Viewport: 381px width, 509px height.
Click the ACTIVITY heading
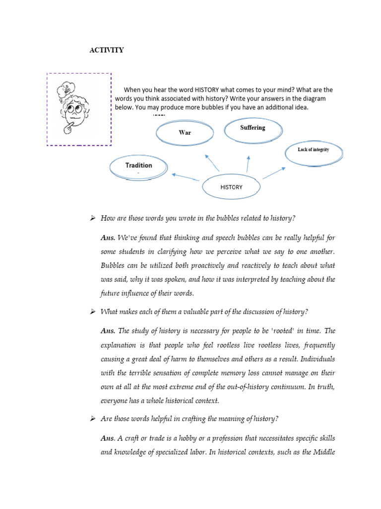tap(106, 50)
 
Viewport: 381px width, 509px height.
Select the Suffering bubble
tap(253, 128)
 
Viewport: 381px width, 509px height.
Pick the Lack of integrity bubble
tap(313, 150)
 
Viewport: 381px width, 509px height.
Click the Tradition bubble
tap(138, 166)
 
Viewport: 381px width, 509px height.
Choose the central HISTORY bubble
tap(231, 187)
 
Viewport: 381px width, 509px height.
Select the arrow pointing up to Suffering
tap(248, 164)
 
